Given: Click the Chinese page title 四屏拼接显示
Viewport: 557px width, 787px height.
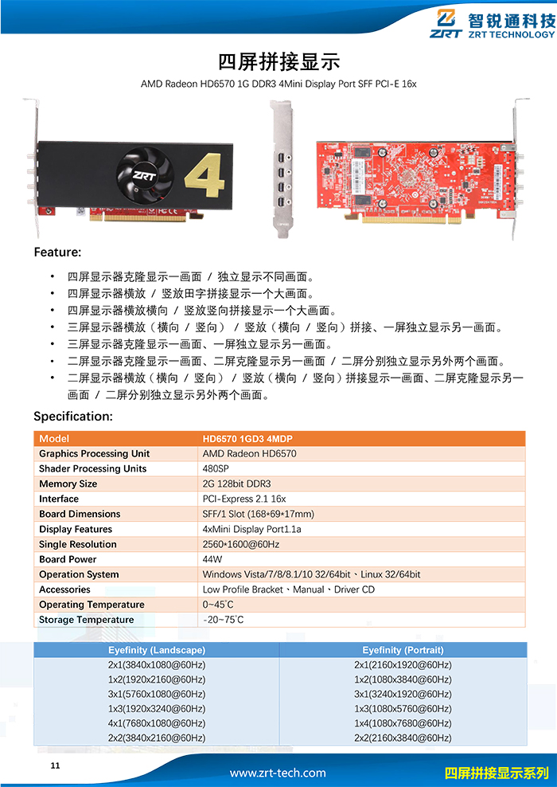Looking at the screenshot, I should point(278,61).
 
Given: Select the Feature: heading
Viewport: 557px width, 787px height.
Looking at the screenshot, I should point(57,253).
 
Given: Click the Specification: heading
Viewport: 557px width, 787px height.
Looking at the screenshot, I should point(73,416).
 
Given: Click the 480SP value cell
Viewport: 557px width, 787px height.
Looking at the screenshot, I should point(216,469).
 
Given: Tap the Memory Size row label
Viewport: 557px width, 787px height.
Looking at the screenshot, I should point(68,484).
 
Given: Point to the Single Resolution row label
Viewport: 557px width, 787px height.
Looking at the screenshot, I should point(78,544).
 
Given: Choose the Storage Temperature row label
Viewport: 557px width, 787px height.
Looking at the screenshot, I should point(87,620).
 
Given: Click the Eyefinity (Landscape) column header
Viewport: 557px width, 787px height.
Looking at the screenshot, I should point(157,650).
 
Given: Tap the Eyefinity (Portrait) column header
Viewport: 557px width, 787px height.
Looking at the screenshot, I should point(403,650).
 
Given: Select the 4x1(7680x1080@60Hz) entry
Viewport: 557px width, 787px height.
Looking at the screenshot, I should point(157,723).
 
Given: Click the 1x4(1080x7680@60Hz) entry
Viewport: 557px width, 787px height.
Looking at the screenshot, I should point(403,723).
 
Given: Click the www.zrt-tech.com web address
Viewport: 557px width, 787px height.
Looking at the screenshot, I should point(278,773).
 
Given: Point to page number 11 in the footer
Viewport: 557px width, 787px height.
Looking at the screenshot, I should point(55,766).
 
